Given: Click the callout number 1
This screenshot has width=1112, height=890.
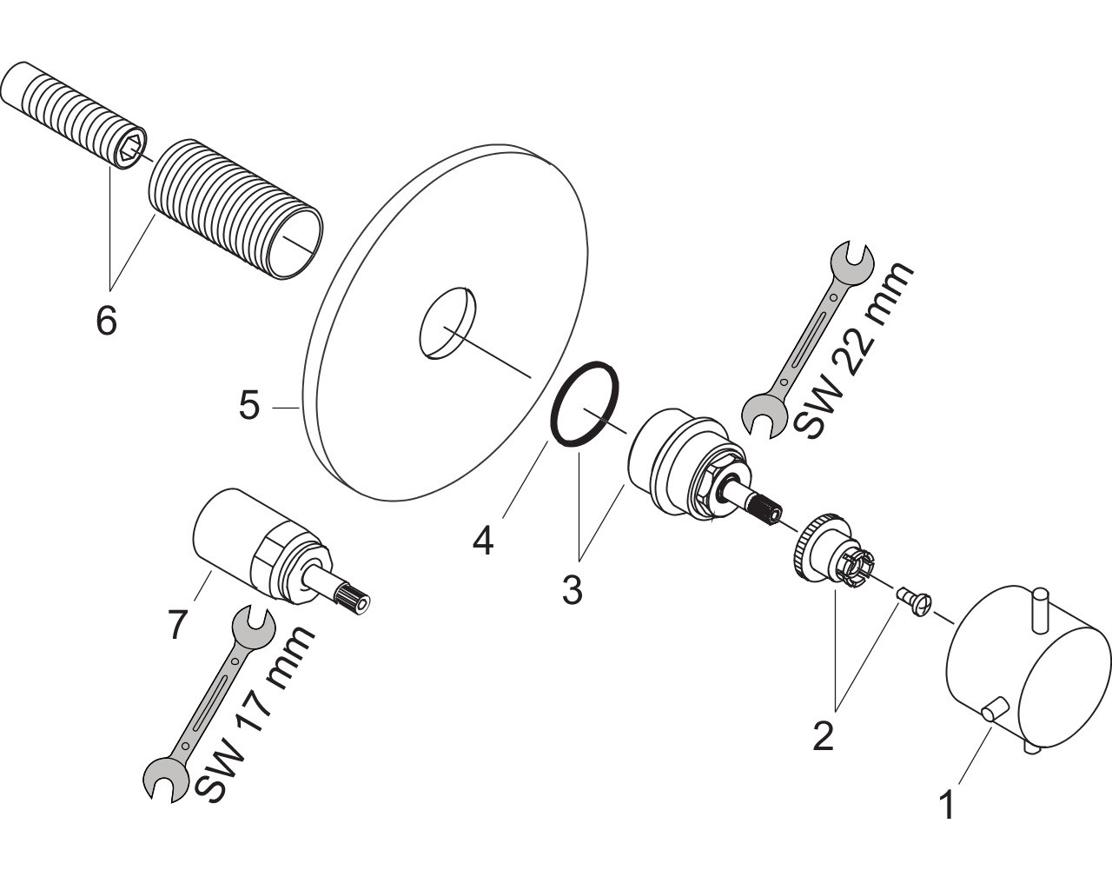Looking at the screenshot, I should click(947, 805).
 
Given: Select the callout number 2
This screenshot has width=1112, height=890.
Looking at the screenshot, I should click(822, 735).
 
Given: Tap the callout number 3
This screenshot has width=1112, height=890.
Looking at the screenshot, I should click(571, 590).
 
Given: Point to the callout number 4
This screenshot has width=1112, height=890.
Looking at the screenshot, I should click(483, 541).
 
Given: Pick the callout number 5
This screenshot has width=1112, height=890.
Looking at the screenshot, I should click(250, 406).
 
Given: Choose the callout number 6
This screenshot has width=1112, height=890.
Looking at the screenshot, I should click(105, 321).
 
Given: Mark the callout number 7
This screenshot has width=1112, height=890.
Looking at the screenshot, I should click(177, 624).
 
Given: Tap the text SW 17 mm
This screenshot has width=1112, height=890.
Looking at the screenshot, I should click(255, 714).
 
